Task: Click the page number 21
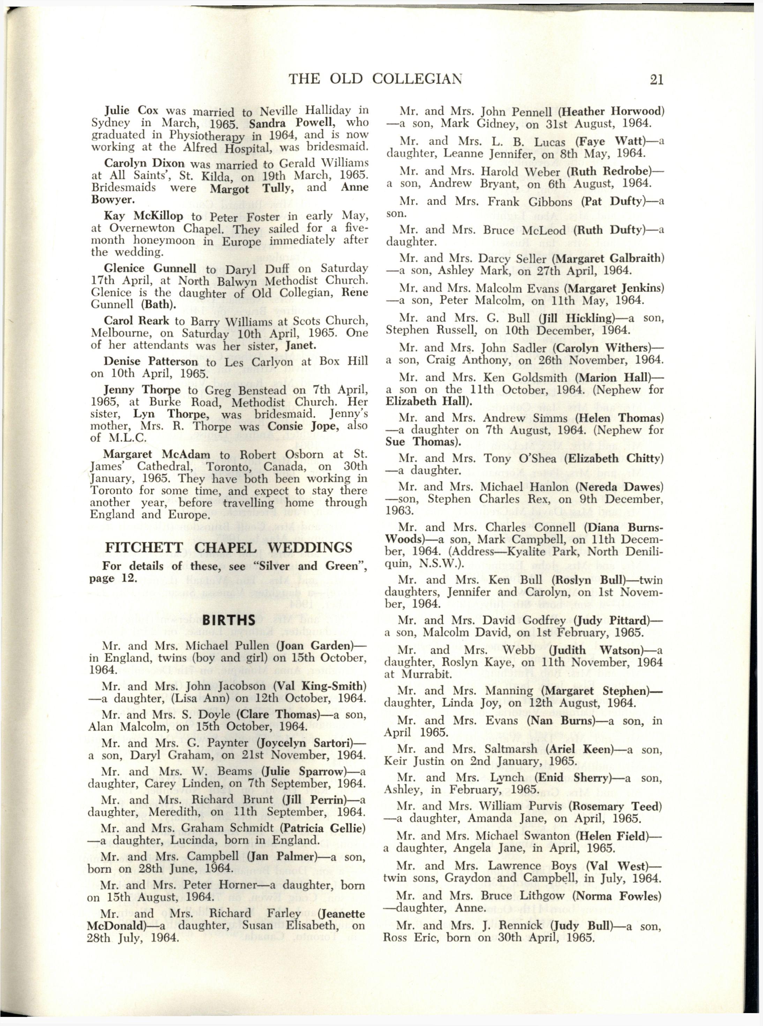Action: point(656,80)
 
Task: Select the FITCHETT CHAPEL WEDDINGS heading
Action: point(228,548)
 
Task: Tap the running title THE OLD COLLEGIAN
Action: point(375,80)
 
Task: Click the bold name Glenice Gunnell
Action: point(150,268)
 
